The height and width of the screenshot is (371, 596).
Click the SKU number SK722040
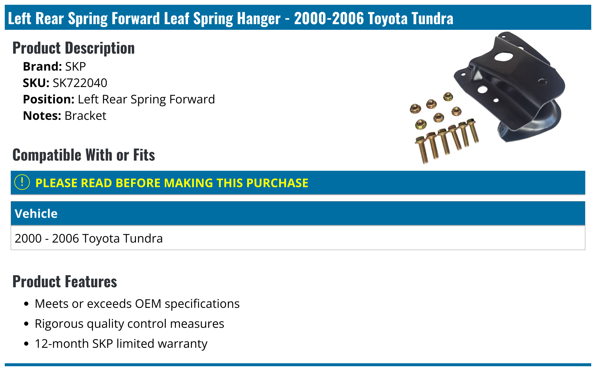pyautogui.click(x=80, y=83)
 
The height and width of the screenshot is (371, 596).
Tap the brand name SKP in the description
pyautogui.click(x=75, y=67)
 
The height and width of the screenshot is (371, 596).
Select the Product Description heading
pyautogui.click(x=74, y=48)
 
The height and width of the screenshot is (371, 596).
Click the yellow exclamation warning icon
pyautogui.click(x=22, y=182)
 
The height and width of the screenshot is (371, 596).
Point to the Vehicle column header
pyautogui.click(x=36, y=214)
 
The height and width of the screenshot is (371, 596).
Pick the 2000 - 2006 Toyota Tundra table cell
pyautogui.click(x=89, y=238)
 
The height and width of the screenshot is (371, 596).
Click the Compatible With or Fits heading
pyautogui.click(x=84, y=155)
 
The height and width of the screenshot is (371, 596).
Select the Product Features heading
pyautogui.click(x=65, y=282)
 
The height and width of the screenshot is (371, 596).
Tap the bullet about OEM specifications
pyautogui.click(x=137, y=304)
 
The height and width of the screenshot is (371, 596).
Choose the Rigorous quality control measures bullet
pyautogui.click(x=129, y=324)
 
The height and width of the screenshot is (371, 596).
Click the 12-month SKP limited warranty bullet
pyautogui.click(x=121, y=344)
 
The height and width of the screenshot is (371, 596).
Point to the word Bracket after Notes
pyautogui.click(x=86, y=116)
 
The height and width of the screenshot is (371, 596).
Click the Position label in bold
pyautogui.click(x=49, y=100)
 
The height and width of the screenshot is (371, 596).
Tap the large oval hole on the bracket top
pyautogui.click(x=503, y=57)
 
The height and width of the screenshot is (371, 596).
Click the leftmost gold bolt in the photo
pyautogui.click(x=422, y=149)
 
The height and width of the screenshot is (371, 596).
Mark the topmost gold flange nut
pyautogui.click(x=448, y=97)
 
